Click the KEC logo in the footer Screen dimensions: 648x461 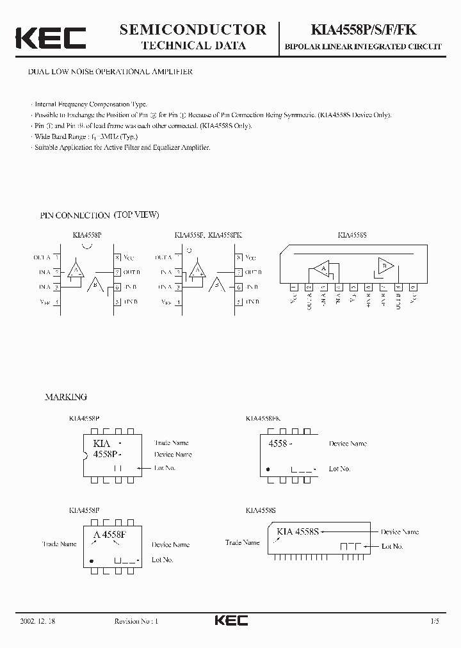[x=230, y=620]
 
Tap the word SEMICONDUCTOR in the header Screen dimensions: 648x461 [x=193, y=29]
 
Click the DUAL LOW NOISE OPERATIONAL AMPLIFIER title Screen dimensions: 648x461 [x=109, y=72]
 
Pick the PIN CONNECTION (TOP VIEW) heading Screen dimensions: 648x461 [x=99, y=215]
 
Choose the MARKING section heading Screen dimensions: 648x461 [x=65, y=397]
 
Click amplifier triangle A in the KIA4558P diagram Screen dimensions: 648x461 [x=77, y=270]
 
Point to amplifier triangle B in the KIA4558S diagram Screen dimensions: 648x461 [x=385, y=266]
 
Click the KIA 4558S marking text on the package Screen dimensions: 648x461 [x=301, y=531]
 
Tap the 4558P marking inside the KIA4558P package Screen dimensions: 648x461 [x=107, y=454]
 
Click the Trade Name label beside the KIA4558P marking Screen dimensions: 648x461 [x=171, y=442]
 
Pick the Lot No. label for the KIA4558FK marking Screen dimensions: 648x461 [x=339, y=469]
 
